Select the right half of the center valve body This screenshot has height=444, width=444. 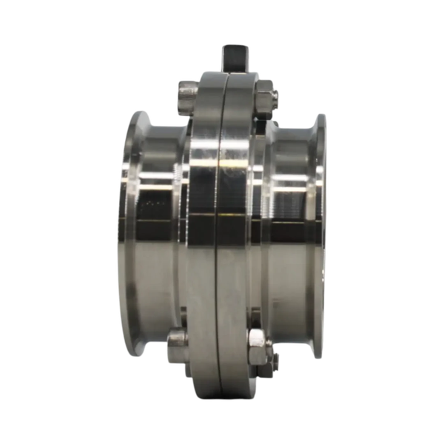click(238, 222)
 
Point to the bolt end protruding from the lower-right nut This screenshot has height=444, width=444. click(275, 360)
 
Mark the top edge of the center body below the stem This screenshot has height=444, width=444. click(222, 73)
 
